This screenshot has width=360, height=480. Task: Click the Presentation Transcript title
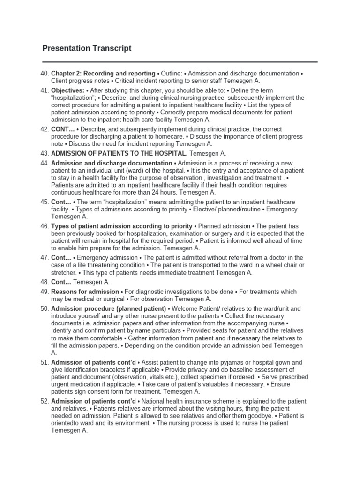click(87, 48)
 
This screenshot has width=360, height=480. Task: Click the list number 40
click(45, 74)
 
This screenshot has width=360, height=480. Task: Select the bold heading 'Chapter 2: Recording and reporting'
click(103, 74)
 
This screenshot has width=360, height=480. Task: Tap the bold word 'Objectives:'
click(67, 90)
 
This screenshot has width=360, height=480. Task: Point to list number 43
click(45, 153)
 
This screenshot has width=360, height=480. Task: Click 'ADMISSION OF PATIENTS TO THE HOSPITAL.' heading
click(119, 153)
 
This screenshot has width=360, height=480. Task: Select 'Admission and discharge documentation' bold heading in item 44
click(112, 163)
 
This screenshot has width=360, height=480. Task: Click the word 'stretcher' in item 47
click(63, 272)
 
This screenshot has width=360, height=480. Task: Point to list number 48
click(45, 282)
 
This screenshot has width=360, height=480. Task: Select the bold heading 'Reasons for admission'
click(85, 292)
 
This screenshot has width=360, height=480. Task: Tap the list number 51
click(45, 362)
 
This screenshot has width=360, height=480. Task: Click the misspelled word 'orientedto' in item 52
click(67, 423)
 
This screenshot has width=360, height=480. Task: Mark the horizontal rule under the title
click(180, 61)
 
